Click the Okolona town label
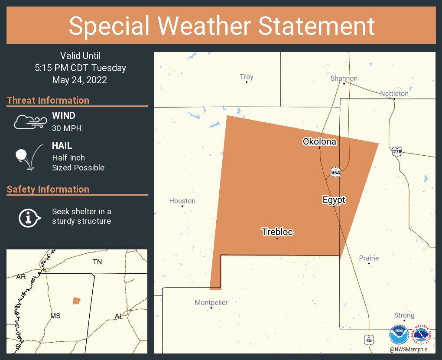tap(319, 141)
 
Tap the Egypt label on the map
tap(334, 200)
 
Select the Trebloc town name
tap(277, 232)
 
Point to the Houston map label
tap(182, 201)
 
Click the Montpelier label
tap(211, 302)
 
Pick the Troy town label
tap(247, 77)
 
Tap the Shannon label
tap(344, 78)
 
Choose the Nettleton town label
tap(394, 93)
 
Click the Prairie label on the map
tap(369, 258)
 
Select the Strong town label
tap(404, 315)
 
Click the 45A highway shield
tap(335, 172)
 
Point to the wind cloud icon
tap(29, 122)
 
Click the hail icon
tap(29, 157)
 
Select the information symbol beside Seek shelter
tap(29, 217)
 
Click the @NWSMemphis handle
tap(409, 350)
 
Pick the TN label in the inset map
tap(97, 262)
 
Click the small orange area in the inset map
tap(77, 301)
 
